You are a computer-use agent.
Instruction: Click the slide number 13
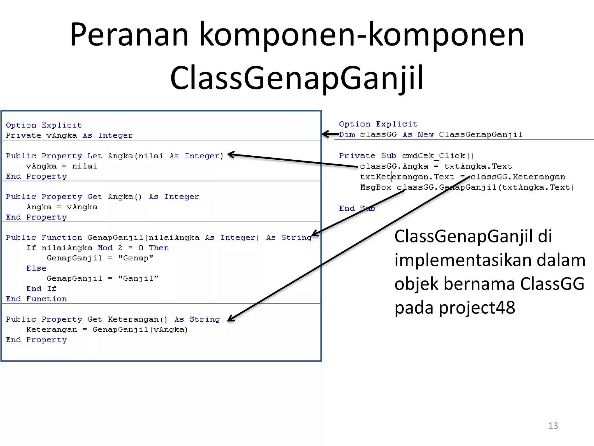553,426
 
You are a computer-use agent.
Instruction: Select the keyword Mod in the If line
105,248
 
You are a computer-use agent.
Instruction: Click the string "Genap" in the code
135,258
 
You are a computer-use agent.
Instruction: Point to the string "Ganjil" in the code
138,278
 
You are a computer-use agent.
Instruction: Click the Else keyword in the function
36,268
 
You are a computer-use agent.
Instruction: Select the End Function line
36,299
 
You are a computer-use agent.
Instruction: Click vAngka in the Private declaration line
61,136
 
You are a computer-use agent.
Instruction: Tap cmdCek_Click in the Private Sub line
438,156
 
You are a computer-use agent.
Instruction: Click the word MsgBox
376,188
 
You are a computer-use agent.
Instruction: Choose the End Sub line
357,208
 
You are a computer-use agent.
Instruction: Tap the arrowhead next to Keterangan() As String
231,319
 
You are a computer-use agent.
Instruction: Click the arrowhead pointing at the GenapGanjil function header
314,234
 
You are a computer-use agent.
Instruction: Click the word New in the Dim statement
425,135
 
